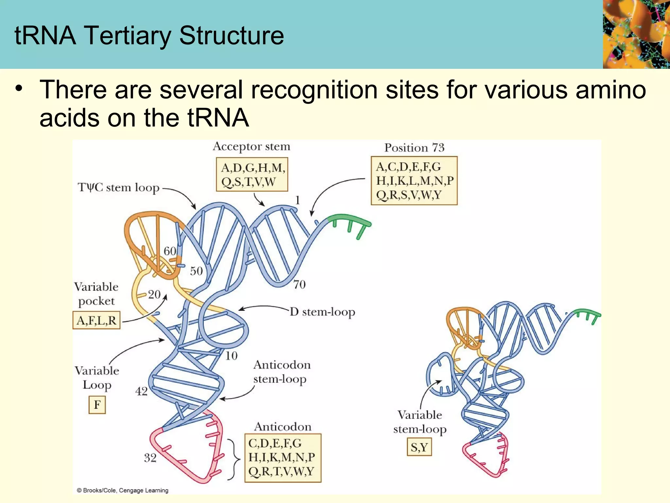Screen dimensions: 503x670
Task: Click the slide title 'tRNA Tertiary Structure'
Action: tap(149, 35)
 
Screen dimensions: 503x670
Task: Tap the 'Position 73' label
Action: tap(414, 148)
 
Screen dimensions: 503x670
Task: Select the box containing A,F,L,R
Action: tap(97, 320)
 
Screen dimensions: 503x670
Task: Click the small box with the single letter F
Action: tap(97, 405)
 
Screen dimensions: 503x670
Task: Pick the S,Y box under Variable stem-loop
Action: tap(419, 447)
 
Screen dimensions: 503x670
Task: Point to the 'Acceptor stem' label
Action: tap(251, 146)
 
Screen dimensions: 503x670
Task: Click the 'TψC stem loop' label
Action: tap(118, 187)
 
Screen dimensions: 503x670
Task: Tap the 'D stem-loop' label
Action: tap(322, 312)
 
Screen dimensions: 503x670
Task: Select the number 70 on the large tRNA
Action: tap(299, 284)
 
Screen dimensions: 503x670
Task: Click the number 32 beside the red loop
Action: tap(150, 457)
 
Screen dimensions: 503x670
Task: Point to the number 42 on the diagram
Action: tap(141, 391)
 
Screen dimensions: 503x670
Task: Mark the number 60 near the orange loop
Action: tap(170, 251)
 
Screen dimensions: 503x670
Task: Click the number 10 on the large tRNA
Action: tap(231, 356)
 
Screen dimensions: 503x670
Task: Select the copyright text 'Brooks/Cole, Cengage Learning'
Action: tap(122, 490)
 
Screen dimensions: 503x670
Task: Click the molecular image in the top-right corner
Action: tap(636, 34)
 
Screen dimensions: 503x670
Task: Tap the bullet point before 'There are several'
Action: tap(19, 89)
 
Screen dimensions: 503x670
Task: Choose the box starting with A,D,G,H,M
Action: tap(252, 175)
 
